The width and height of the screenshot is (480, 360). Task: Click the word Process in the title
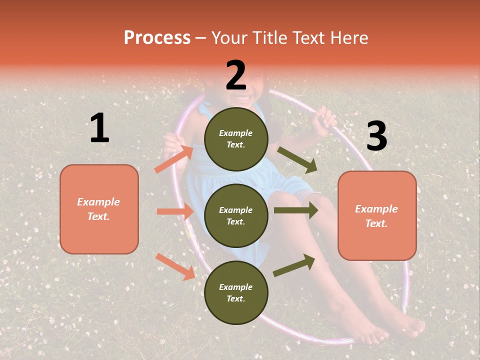tap(157, 37)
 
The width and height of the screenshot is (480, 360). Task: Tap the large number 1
tap(99, 128)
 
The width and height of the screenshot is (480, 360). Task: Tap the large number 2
tap(236, 75)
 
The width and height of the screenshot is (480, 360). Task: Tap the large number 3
tap(376, 136)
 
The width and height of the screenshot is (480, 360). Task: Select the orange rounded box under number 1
tap(99, 209)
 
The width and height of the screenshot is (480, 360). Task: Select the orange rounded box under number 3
tap(377, 216)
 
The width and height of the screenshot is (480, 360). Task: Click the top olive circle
tap(236, 139)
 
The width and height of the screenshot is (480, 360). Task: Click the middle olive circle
tap(236, 215)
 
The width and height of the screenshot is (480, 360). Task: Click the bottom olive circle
tap(236, 292)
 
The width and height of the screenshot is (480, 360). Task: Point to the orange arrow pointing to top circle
tap(173, 159)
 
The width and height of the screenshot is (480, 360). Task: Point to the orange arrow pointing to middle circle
tap(175, 211)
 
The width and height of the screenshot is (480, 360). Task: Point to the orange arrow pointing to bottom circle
tap(175, 266)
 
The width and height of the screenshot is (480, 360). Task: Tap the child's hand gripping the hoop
tap(325, 120)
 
